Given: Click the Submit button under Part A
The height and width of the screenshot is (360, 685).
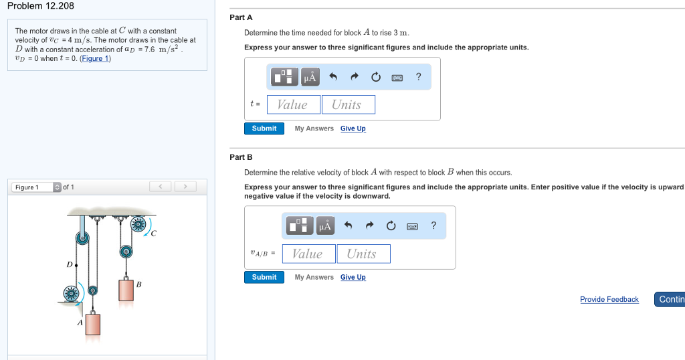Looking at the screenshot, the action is click(264, 128).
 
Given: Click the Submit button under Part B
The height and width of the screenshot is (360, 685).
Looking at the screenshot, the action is click(264, 277).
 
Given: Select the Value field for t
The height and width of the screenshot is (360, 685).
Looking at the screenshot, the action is click(294, 104).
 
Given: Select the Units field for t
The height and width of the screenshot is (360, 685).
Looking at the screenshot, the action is click(348, 104).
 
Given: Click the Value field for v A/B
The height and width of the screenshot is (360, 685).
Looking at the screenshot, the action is click(309, 254).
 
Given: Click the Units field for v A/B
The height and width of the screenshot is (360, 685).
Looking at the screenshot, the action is click(363, 254).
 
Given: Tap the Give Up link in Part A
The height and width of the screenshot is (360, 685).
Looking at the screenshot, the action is click(353, 128).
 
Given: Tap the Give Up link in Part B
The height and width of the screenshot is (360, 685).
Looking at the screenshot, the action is click(353, 277).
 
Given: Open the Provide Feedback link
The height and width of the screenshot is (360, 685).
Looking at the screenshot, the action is click(609, 299).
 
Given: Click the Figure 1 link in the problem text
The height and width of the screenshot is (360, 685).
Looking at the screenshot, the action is click(95, 58).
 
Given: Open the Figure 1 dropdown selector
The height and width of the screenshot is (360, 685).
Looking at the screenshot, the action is click(36, 187).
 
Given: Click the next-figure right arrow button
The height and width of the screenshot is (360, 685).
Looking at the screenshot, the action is click(185, 187).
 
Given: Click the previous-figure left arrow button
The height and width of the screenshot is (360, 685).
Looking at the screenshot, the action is click(161, 187).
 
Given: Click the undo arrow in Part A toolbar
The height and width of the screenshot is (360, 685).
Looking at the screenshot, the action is click(333, 77).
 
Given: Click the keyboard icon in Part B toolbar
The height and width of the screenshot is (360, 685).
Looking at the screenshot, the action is click(412, 226).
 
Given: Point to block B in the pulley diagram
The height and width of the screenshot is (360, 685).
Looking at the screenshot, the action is click(126, 289).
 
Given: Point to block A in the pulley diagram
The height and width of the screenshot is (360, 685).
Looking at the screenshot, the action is click(92, 324).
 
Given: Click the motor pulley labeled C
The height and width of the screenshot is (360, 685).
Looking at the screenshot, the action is click(138, 225).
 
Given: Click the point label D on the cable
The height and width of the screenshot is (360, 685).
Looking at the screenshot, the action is click(69, 264).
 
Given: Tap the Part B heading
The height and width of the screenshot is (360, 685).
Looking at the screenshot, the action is click(241, 157).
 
